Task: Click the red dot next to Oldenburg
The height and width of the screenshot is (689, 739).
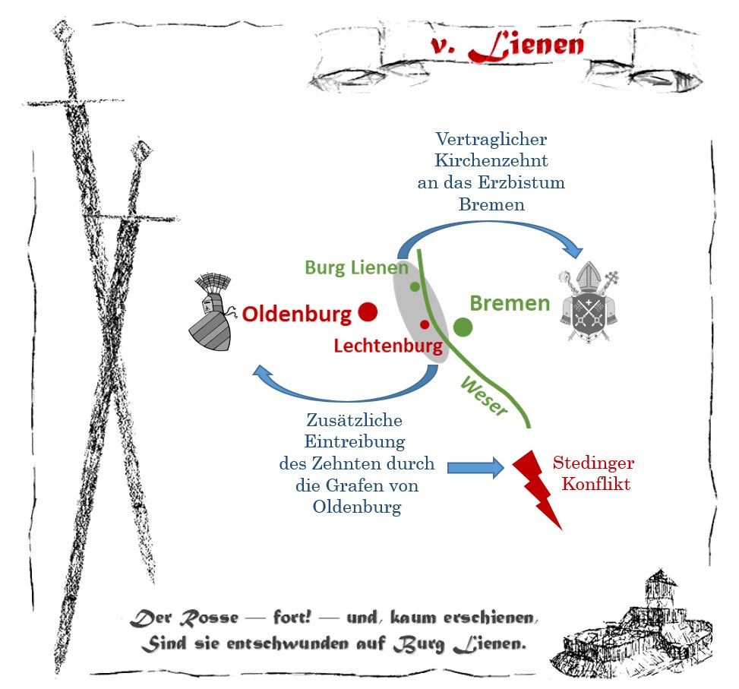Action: point(368,311)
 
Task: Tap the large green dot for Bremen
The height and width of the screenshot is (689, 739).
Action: point(463,327)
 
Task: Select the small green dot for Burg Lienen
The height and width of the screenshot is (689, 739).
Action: point(415,286)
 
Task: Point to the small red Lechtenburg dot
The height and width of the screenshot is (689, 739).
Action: point(425,324)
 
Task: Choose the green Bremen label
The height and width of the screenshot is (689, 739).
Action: point(510,304)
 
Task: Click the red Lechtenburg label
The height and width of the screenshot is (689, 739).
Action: point(388,346)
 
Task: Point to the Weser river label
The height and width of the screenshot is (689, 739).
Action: point(484,396)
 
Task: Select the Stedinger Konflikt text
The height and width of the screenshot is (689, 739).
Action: point(593,473)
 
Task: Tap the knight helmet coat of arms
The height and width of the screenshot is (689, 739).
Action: point(210,312)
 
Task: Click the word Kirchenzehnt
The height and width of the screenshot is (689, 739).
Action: point(491,161)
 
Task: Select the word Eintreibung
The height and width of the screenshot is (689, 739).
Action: point(355,441)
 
